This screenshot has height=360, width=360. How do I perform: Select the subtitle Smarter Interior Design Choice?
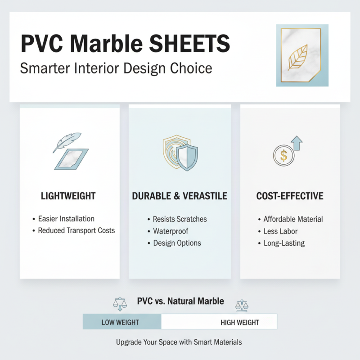click(116, 69)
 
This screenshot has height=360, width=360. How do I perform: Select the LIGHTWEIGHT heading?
click(68, 196)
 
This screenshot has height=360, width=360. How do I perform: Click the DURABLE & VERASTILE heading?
click(180, 196)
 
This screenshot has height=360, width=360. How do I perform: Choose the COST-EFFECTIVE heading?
click(290, 196)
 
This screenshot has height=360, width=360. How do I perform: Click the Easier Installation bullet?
click(66, 219)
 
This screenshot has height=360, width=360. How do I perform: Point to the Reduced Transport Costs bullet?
click(76, 230)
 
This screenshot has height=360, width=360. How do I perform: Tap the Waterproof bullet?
click(171, 231)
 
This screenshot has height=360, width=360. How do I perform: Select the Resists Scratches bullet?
click(180, 219)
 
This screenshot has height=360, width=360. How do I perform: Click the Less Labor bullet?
click(280, 231)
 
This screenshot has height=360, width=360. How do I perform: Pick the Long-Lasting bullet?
click(284, 243)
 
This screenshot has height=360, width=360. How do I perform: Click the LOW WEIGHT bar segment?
click(121, 322)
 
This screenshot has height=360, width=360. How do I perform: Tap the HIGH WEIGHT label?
click(240, 322)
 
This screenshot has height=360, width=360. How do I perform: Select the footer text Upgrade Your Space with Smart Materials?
click(179, 342)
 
